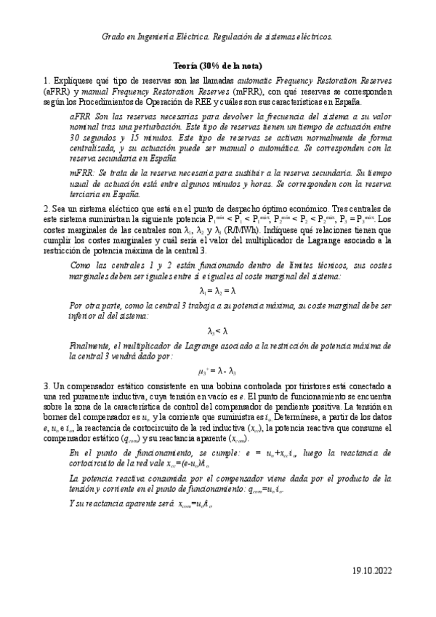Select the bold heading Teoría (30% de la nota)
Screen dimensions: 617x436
point(218,65)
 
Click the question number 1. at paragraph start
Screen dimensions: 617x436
point(47,79)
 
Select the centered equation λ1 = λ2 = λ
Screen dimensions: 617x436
point(218,271)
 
